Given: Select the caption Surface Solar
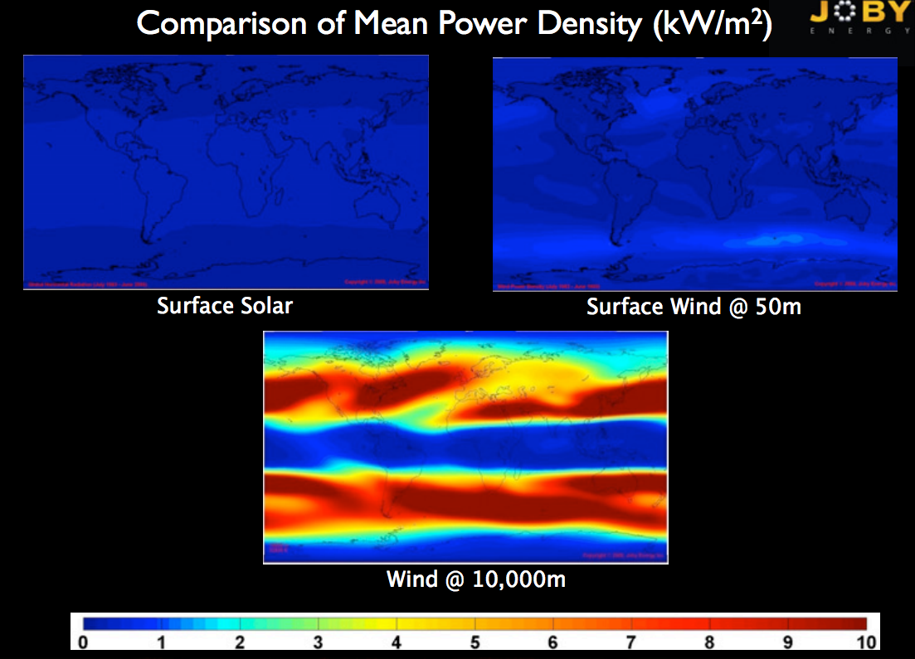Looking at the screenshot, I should (x=225, y=306).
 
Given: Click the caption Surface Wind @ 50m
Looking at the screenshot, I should (x=694, y=307).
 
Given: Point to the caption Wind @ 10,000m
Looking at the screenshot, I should (x=476, y=579).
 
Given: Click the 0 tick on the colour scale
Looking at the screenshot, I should (x=82, y=642).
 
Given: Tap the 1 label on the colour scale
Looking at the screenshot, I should (x=161, y=642).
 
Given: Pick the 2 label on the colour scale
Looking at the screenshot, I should (x=239, y=642).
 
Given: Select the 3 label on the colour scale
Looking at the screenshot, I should (x=318, y=642).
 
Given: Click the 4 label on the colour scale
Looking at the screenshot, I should (x=397, y=642).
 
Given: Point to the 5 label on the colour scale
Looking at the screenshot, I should (x=475, y=642).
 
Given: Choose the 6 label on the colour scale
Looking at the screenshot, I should (x=553, y=642).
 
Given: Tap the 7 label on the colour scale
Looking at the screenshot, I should (x=631, y=642).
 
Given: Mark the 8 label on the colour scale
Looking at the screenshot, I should (x=710, y=642).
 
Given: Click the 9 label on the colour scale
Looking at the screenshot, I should (x=788, y=642).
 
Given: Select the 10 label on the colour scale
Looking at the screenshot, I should (x=866, y=642).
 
